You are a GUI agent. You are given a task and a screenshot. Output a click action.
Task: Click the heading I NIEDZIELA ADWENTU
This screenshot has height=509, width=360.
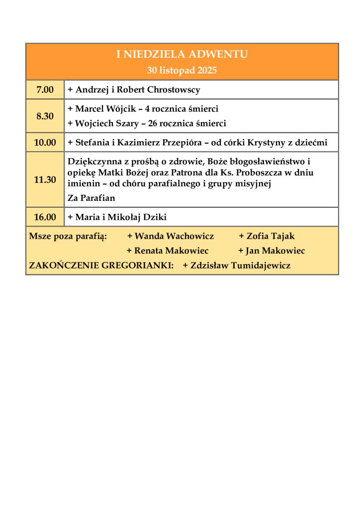[x=182, y=54]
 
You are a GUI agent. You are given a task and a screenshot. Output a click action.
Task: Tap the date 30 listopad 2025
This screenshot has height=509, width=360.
[x=182, y=70]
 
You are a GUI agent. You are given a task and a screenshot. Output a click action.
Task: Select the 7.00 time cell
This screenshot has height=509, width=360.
[x=45, y=90]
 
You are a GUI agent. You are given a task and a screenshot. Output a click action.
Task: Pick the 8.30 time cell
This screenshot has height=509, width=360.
[x=45, y=116]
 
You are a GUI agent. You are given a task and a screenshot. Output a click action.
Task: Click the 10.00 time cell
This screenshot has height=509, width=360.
[x=45, y=143]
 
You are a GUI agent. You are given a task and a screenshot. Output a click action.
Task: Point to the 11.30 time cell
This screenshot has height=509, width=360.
[x=45, y=180]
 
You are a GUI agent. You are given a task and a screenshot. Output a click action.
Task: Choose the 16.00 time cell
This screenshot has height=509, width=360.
[x=45, y=217]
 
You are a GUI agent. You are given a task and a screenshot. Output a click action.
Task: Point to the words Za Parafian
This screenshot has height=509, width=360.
[x=91, y=198]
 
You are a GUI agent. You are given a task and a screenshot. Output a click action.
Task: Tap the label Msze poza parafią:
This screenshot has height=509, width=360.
[x=68, y=236]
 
